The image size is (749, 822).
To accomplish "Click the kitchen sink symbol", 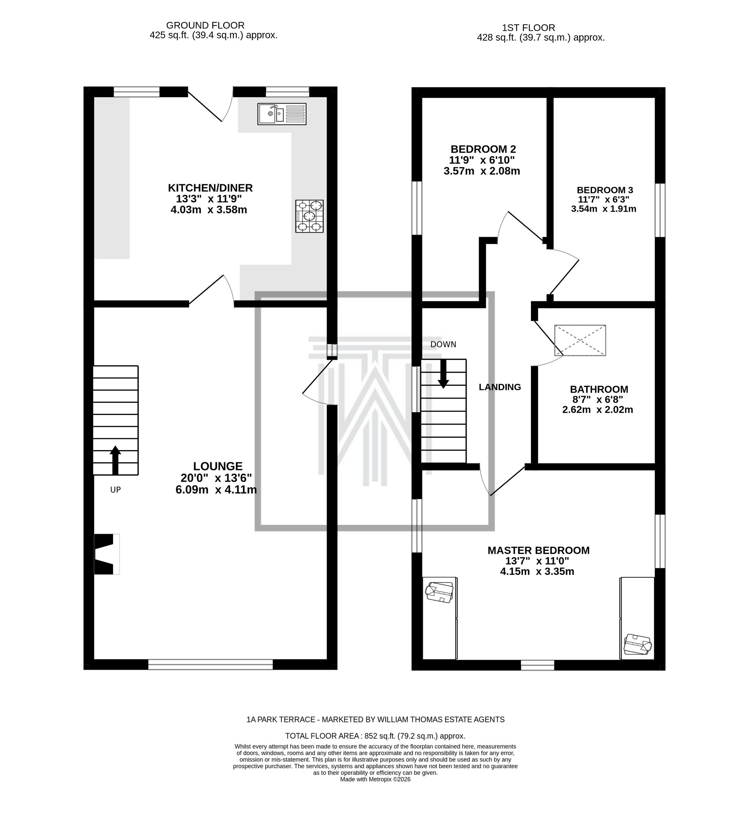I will pos(281,114).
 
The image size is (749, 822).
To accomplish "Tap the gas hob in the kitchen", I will pos(309,216).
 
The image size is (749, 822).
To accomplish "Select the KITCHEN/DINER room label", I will pos(210,188).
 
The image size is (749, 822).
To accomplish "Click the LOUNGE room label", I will pos(217,466).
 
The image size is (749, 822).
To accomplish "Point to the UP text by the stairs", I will pos(116,490).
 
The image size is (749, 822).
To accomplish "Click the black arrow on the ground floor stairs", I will pos(116,460).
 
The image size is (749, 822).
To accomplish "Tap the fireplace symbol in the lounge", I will pos(106,554).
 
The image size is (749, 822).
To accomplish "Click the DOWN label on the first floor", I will pos(443,344).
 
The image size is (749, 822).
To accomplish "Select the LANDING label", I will pos(500,387).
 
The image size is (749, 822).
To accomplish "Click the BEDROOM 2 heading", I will pos(483,149).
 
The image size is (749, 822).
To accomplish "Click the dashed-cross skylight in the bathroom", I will pos(579,340).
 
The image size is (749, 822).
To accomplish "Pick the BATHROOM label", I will pos(599,389).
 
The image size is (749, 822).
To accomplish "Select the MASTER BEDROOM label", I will pos(538,550).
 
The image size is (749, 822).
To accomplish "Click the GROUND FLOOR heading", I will pos(205,25).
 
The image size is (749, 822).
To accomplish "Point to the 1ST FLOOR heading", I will pos(528,28).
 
